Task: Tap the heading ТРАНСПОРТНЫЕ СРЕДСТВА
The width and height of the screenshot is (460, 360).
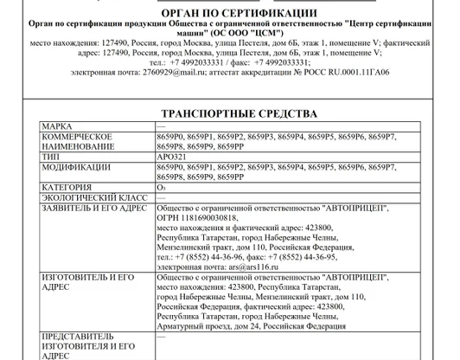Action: click(239, 113)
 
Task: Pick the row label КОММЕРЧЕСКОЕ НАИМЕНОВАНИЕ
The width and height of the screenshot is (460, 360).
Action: click(78, 142)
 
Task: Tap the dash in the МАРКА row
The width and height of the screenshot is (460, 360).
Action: click(162, 127)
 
